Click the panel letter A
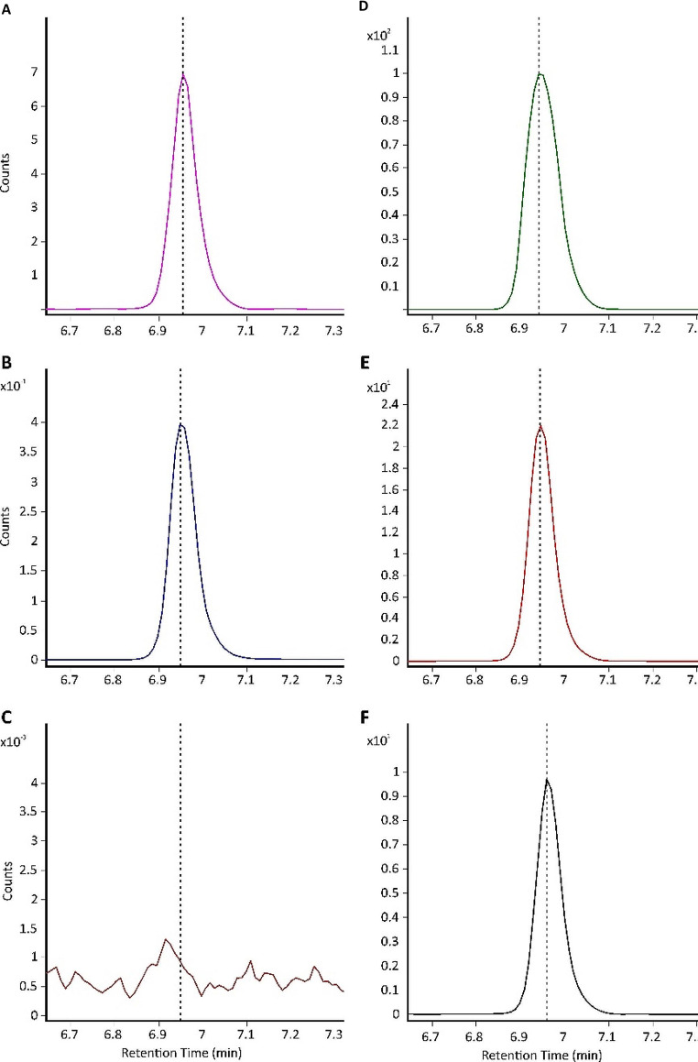click(x=7, y=7)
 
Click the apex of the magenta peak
click(x=183, y=73)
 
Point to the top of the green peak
click(x=540, y=73)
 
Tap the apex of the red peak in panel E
click(x=540, y=424)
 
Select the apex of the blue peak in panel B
click(x=180, y=424)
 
